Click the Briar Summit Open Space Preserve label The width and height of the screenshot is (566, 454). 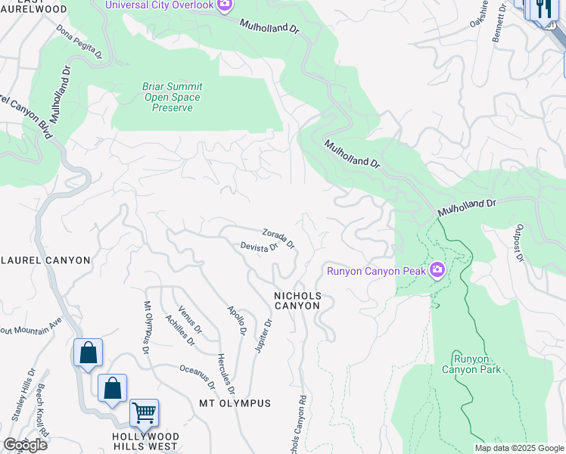tap(172, 97)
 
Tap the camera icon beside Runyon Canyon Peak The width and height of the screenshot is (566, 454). tap(437, 270)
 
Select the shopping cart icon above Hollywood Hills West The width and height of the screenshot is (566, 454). tap(144, 413)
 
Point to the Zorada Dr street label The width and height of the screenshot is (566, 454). tap(278, 238)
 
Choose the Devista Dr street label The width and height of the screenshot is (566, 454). tap(260, 247)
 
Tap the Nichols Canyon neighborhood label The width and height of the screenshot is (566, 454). tap(297, 300)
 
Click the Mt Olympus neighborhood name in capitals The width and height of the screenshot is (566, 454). tap(235, 403)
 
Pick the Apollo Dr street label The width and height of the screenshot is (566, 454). tap(237, 321)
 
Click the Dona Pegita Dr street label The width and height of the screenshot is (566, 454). tap(79, 41)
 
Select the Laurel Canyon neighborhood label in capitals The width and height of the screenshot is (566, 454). tap(45, 260)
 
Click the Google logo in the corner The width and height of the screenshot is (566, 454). tap(25, 445)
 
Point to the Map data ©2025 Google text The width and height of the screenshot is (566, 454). tap(519, 449)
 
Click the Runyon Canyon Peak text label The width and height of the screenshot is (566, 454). tap(375, 271)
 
